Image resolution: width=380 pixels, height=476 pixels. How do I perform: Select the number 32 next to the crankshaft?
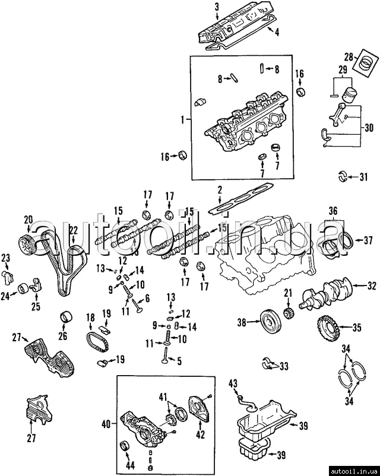click(372, 286)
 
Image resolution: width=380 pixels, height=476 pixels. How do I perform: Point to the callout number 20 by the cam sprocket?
click(28, 220)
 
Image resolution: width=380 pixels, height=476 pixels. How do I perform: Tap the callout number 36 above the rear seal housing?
click(333, 210)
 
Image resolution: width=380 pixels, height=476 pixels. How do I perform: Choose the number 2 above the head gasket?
click(220, 190)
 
